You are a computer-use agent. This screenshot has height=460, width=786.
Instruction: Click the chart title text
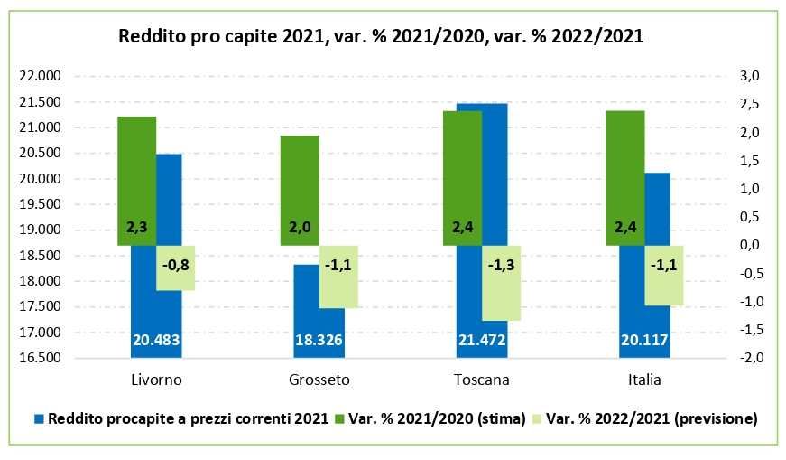coord(381,37)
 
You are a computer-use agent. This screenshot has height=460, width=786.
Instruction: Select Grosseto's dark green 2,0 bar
coord(299,190)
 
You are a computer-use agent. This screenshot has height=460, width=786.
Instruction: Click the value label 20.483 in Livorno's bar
coord(156,340)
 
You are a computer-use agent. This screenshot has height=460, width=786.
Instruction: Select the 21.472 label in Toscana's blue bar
coord(482,340)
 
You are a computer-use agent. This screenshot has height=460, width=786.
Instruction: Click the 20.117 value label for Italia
coord(644,340)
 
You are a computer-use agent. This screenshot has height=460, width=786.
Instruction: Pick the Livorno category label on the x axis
coord(156,380)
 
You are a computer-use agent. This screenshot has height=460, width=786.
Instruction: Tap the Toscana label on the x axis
coord(482,380)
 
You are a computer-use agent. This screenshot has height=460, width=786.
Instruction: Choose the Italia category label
coord(644,380)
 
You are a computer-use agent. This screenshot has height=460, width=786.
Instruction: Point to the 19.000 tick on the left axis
coord(39,230)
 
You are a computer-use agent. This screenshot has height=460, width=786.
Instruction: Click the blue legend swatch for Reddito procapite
coord(39,418)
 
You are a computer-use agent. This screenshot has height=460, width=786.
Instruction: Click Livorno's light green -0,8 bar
coord(176,268)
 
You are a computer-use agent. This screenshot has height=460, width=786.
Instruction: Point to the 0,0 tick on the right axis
coord(751,245)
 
